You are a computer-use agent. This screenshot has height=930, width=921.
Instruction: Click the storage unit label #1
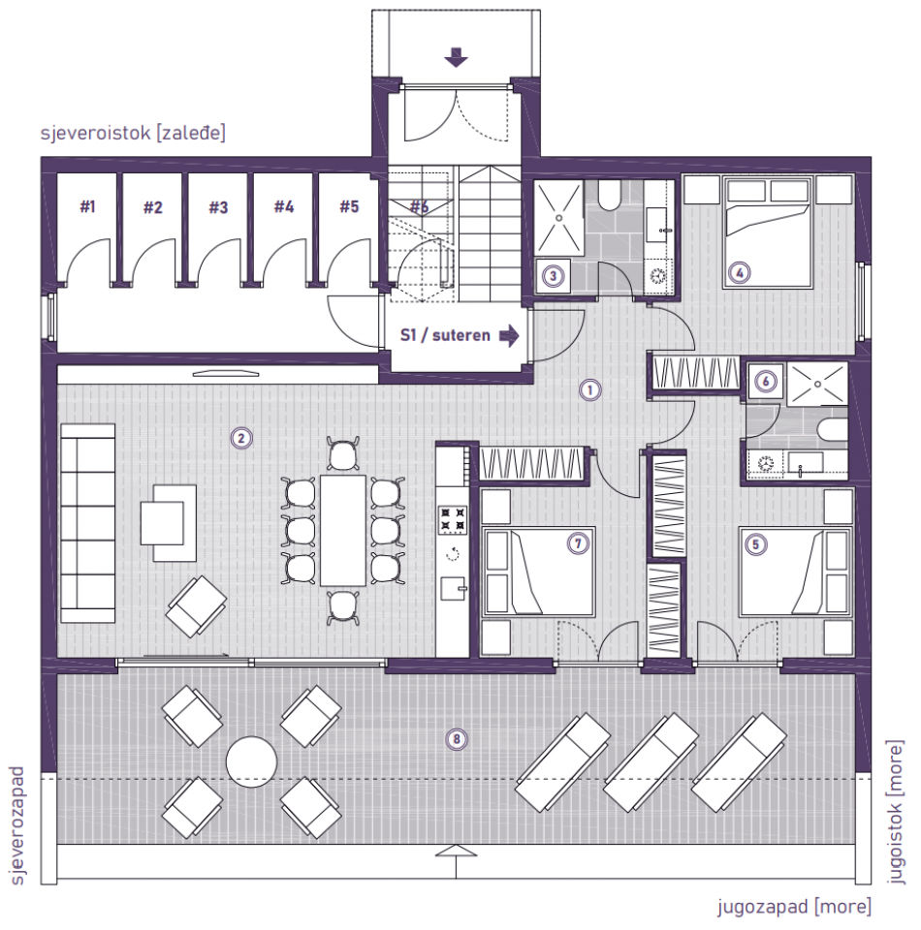[x=88, y=206]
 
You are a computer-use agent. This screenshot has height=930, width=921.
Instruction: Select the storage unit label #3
[x=218, y=206]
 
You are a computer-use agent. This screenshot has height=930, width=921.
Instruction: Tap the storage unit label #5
[x=349, y=206]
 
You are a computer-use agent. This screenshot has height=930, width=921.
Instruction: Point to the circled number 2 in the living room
[x=241, y=438]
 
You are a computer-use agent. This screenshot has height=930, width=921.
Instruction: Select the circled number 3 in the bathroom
[x=553, y=276]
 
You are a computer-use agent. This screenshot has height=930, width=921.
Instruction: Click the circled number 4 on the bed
[x=741, y=273]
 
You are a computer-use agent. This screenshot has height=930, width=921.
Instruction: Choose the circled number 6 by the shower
[x=766, y=382]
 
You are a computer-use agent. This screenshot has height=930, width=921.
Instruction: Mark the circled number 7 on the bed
[x=579, y=544]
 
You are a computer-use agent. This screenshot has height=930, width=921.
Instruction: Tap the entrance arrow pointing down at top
[x=456, y=58]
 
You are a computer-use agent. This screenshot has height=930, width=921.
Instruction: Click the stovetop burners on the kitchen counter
[x=453, y=520]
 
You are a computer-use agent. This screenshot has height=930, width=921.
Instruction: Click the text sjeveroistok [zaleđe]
[x=133, y=133]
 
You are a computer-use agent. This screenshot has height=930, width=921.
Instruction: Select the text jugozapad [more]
[x=794, y=907]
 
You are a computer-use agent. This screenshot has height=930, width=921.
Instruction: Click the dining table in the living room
[x=343, y=530]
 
